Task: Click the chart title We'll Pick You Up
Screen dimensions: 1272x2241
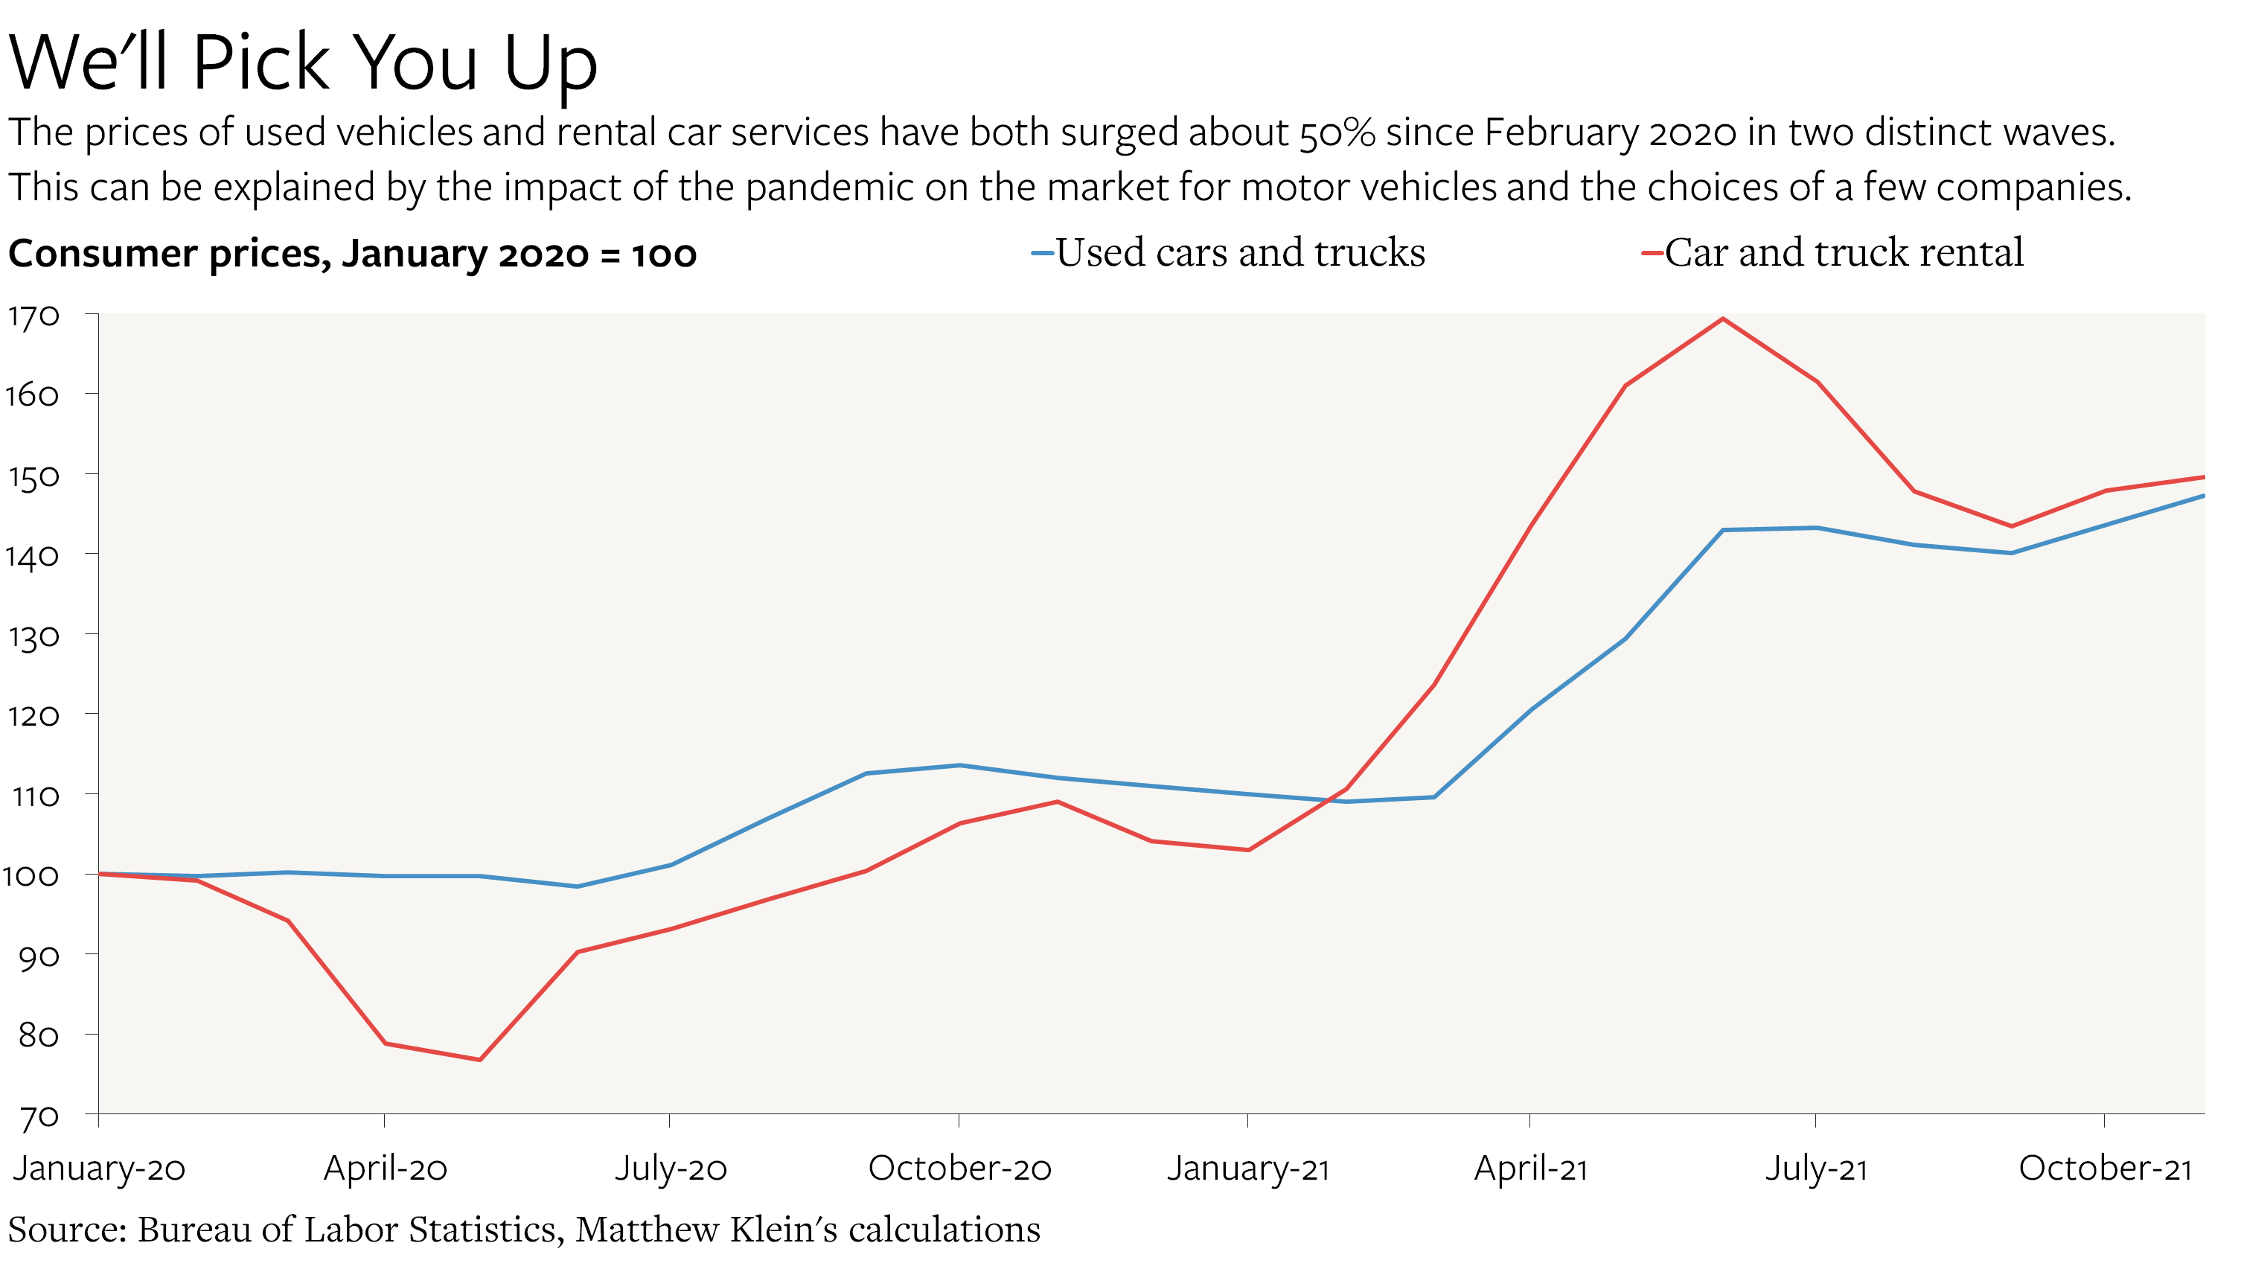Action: (302, 63)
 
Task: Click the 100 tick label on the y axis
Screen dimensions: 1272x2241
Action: (31, 875)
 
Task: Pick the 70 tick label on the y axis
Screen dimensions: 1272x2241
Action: (39, 1116)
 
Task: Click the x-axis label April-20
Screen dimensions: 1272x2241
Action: (385, 1168)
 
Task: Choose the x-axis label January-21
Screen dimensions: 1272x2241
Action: (1247, 1168)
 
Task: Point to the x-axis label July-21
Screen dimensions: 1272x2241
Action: (1816, 1168)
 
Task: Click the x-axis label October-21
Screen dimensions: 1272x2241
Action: (2104, 1168)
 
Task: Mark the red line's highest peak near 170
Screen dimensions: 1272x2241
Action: (1722, 319)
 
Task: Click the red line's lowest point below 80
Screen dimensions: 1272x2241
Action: (479, 1060)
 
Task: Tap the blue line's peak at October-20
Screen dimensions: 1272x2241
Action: (960, 765)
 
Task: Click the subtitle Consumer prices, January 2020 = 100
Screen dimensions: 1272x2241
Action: (352, 255)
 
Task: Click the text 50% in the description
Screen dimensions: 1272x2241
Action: (1337, 132)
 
